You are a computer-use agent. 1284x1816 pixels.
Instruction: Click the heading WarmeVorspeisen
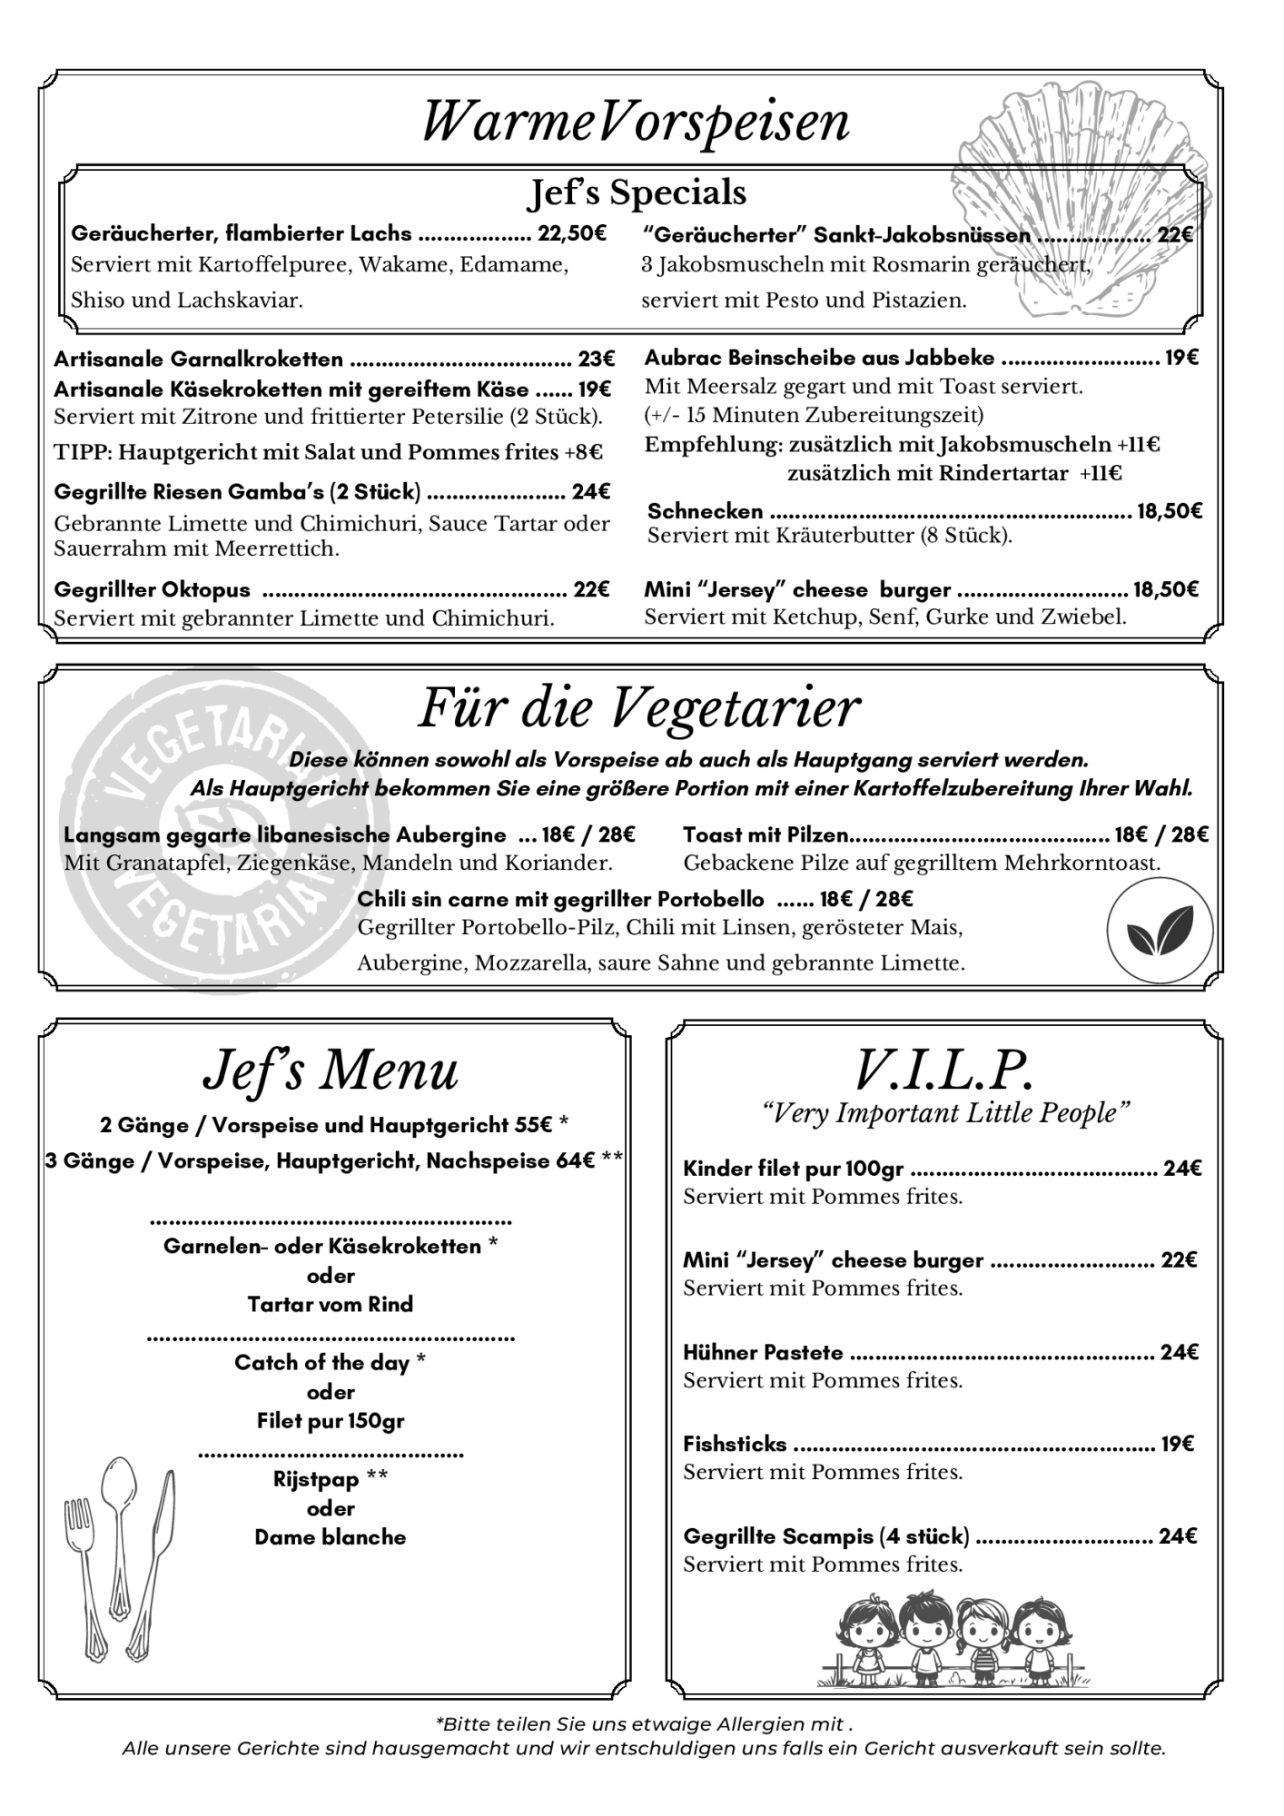[x=636, y=121]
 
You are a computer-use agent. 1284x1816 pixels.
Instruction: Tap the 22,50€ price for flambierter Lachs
[x=571, y=233]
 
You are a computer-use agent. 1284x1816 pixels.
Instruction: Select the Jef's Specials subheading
[x=637, y=192]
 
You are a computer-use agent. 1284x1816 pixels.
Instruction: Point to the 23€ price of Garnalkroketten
[x=597, y=360]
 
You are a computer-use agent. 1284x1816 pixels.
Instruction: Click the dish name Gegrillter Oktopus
[x=152, y=589]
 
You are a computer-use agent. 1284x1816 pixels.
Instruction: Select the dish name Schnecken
[x=705, y=511]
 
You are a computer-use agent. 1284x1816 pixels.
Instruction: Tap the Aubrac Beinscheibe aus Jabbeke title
[x=819, y=358]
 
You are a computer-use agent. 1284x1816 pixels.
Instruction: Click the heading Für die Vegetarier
[x=638, y=708]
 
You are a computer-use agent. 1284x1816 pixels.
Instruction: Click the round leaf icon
[x=1160, y=932]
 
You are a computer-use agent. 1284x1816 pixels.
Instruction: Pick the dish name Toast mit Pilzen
[x=765, y=834]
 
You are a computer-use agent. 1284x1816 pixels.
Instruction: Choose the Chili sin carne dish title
[x=560, y=899]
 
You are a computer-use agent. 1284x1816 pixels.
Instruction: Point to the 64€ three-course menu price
[x=576, y=1160]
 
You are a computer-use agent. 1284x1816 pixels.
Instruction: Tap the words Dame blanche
[x=331, y=1537]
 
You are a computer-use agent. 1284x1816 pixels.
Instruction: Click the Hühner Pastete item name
[x=763, y=1353]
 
